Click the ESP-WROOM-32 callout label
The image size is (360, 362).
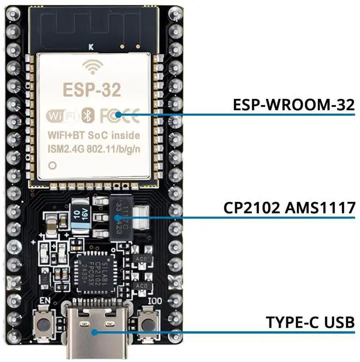[294, 104]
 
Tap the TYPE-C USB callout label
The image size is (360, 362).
[310, 322]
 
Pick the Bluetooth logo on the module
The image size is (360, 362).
[87, 116]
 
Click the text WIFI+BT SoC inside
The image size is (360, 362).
[93, 135]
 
